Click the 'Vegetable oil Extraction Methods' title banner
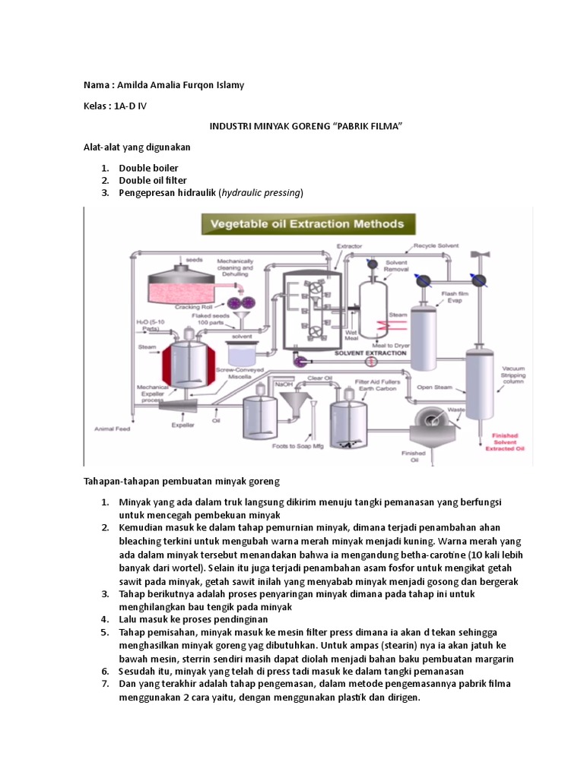point(307,224)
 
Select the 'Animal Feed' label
point(113,429)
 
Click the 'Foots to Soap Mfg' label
point(297,447)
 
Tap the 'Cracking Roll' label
point(192,307)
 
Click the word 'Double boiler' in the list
point(148,168)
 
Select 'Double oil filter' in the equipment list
point(153,180)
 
